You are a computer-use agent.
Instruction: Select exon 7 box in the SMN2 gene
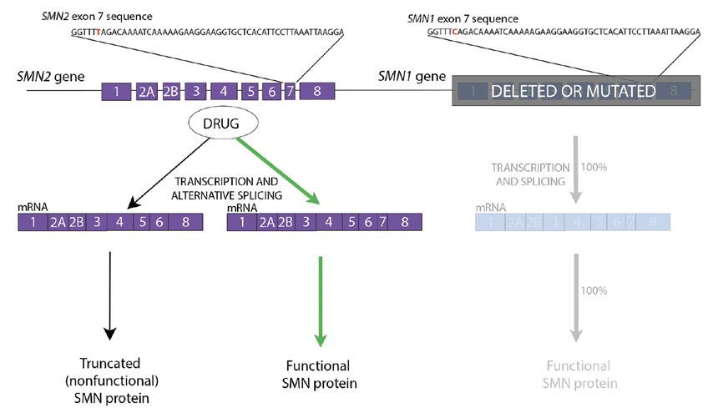(x=290, y=92)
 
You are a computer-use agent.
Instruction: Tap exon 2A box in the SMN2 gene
(x=146, y=92)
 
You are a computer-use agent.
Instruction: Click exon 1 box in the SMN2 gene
(x=117, y=92)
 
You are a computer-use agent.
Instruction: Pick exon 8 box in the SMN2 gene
(x=317, y=92)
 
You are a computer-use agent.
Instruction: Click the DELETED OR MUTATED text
(x=573, y=91)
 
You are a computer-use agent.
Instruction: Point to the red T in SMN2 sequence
(x=98, y=33)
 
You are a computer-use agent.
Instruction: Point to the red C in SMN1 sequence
(x=454, y=31)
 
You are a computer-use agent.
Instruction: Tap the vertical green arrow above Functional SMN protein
(x=320, y=300)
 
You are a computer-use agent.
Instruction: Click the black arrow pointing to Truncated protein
(x=109, y=296)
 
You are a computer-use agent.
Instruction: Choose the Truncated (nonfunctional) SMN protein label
(x=109, y=380)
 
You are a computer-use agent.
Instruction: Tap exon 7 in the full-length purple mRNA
(x=382, y=223)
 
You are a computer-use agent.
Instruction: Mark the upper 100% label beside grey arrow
(x=595, y=167)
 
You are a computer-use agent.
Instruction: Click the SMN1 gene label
(x=412, y=76)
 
